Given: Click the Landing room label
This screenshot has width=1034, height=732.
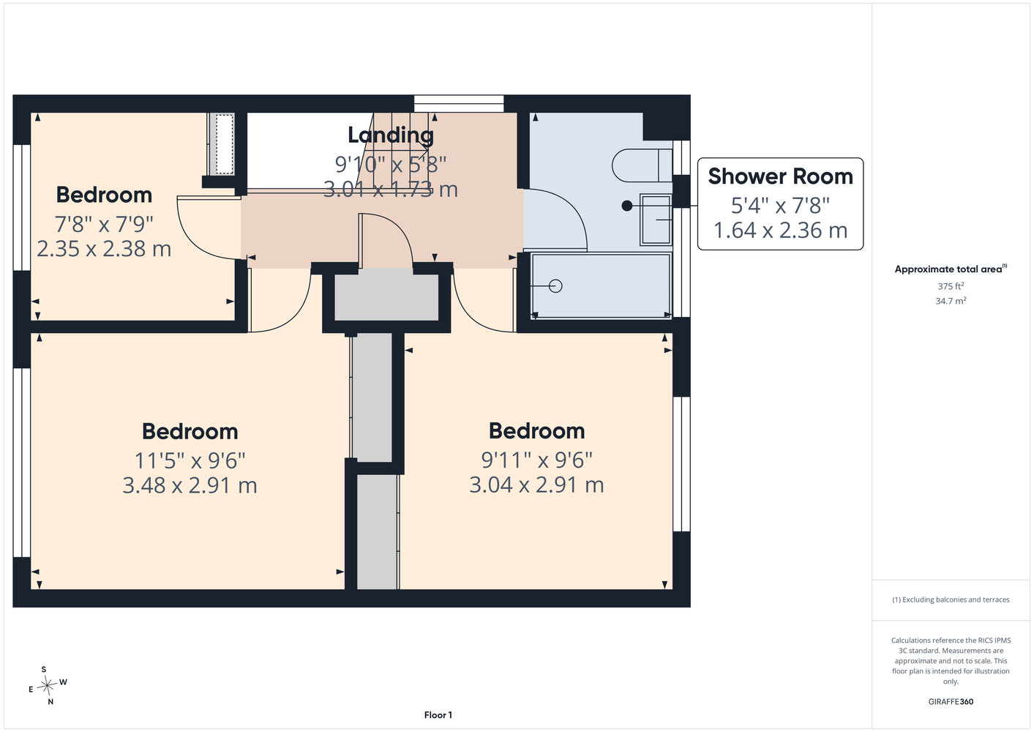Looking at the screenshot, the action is tap(391, 135).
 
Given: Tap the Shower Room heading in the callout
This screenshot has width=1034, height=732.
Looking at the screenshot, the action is tap(780, 176).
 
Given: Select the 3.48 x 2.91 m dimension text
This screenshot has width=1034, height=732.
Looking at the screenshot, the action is tap(190, 485).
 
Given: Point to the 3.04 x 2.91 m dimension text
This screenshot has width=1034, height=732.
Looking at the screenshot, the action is tap(536, 485).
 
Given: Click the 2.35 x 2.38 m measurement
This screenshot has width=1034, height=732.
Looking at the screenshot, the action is tap(104, 248).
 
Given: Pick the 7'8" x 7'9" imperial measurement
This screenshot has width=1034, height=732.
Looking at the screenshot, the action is tap(104, 225).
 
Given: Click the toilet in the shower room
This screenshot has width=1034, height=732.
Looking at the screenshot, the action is tap(642, 165).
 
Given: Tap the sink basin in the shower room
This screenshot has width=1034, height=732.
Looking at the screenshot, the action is tap(656, 220).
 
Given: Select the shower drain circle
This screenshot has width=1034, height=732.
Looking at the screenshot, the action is tap(555, 286).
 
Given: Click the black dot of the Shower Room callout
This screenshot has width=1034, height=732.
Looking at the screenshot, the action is tap(627, 206).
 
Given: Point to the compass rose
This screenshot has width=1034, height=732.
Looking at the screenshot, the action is tap(47, 686).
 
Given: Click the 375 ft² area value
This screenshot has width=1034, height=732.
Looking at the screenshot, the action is tap(951, 286).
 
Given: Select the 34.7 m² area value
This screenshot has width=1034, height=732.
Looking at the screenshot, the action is tap(951, 301).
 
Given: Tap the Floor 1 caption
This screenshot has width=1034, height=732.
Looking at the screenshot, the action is tap(438, 715).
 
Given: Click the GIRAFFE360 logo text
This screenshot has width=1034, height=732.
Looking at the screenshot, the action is tap(951, 701).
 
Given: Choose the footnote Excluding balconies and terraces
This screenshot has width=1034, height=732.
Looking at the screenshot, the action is tap(951, 600).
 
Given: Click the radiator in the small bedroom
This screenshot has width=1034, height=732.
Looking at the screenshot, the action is tap(222, 144).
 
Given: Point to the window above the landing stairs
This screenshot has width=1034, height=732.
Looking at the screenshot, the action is tap(459, 103).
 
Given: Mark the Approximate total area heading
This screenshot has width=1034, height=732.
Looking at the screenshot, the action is tap(951, 269).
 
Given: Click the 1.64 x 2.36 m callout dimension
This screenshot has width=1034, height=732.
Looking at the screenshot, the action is tap(780, 230).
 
